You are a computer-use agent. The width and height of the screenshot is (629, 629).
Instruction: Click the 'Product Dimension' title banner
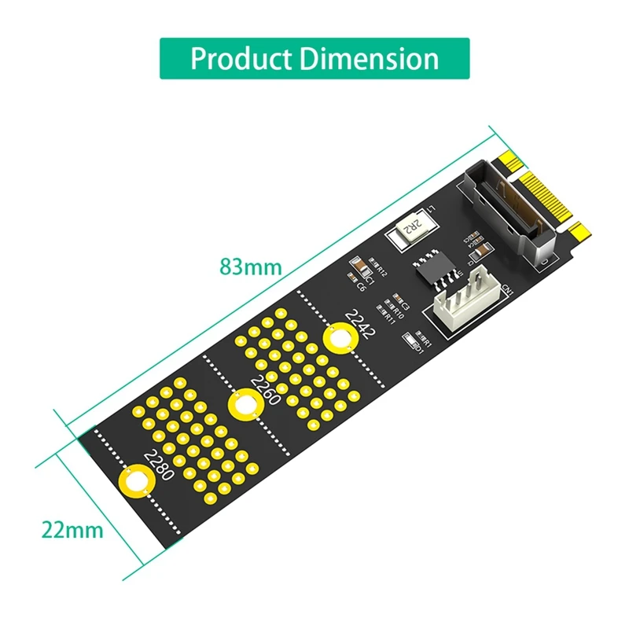click(x=314, y=58)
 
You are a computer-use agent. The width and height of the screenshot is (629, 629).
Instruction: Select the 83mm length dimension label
click(x=250, y=267)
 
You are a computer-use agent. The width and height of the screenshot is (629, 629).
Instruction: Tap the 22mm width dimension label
click(x=72, y=529)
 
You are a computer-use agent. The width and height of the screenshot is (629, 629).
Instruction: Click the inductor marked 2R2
click(x=410, y=230)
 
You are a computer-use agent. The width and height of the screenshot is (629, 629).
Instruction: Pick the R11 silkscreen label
click(x=388, y=318)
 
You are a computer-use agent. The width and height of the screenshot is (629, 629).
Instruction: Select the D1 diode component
click(x=410, y=342)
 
